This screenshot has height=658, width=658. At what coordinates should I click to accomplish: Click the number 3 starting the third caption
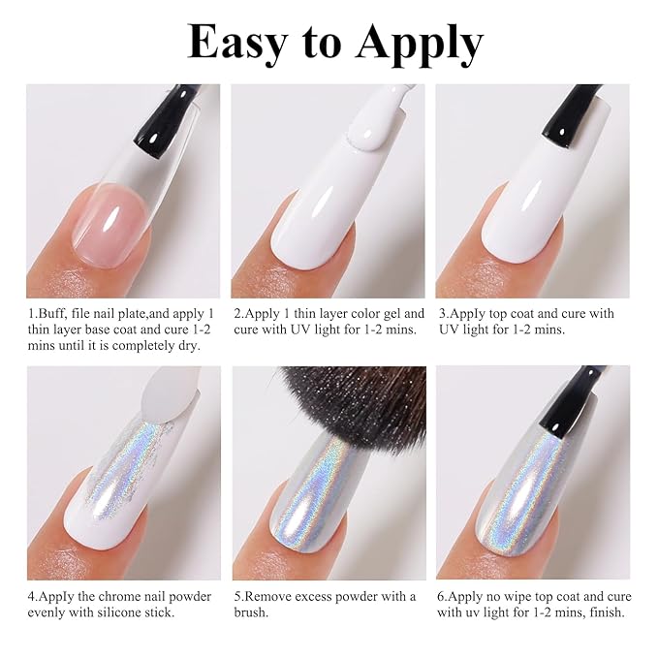442,314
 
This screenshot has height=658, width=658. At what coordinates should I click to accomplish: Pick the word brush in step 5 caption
249,612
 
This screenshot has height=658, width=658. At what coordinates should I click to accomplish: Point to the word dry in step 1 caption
187,345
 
